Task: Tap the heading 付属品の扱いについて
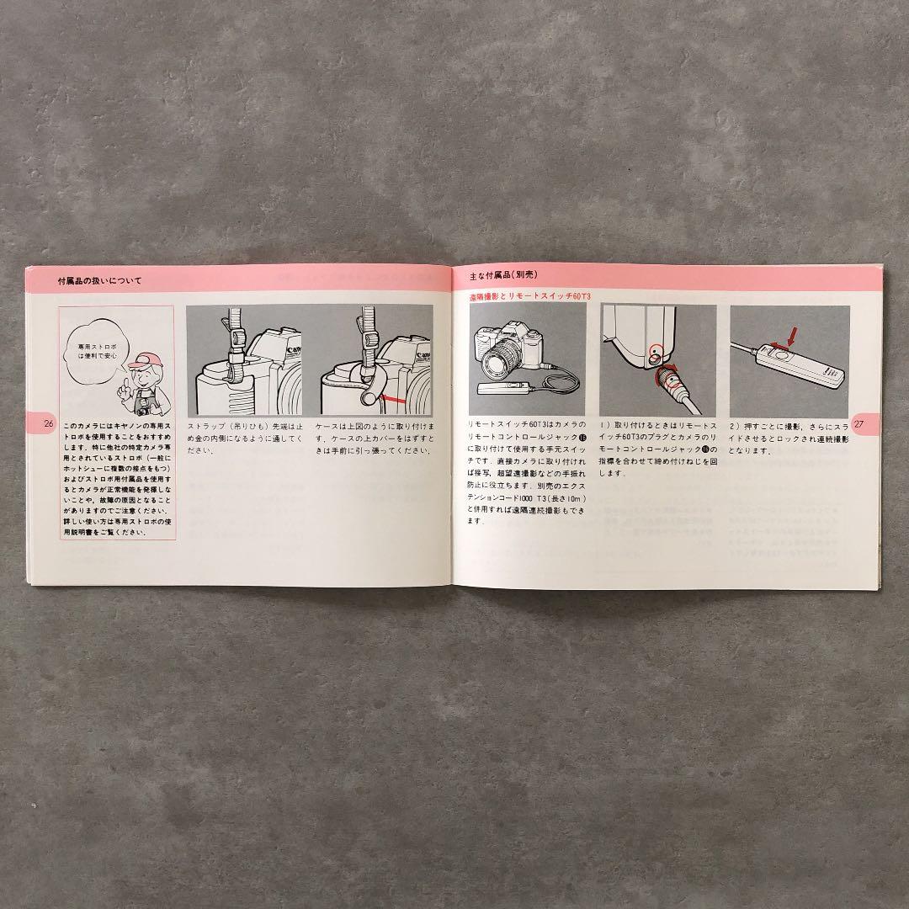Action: [105, 280]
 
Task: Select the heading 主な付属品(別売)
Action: [502, 275]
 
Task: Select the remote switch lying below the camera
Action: [502, 389]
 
